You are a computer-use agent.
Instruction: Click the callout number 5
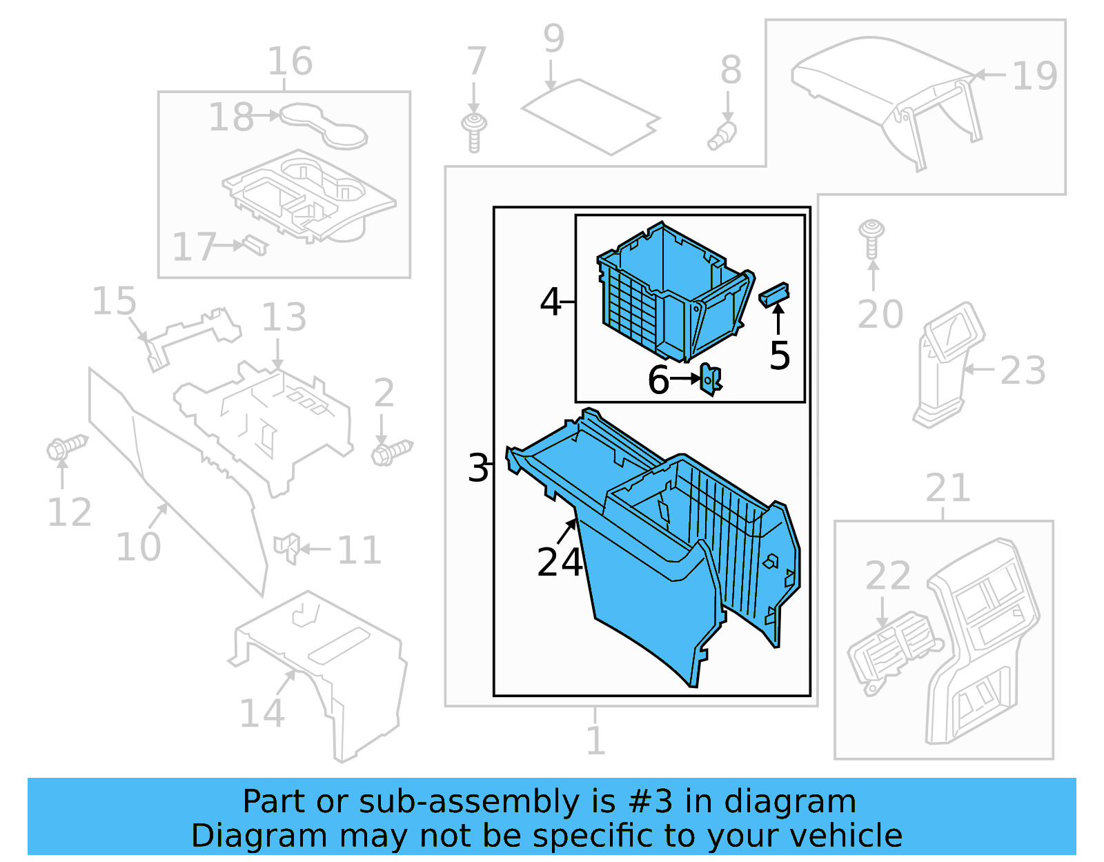pos(780,356)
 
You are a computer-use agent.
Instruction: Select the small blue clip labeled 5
pos(773,295)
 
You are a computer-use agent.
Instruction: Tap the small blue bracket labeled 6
pos(711,379)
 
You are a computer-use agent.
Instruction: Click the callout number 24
pos(560,562)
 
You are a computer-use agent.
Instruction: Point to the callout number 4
pos(550,302)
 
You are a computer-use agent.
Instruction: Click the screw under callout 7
pos(474,132)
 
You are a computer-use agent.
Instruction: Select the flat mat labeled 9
pos(590,117)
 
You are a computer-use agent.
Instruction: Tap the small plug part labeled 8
pos(722,136)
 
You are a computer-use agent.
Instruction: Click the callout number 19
pos(1034,75)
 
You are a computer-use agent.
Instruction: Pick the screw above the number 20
pos(871,238)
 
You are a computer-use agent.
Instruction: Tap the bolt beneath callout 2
pos(391,453)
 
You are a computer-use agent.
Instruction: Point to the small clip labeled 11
pos(286,549)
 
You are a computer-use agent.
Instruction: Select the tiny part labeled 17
pos(255,245)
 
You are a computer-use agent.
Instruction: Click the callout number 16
pos(290,61)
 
